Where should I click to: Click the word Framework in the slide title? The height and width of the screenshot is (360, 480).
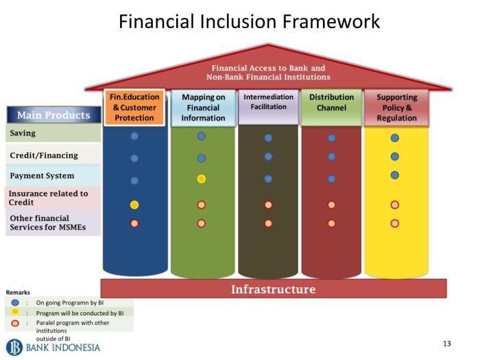pyautogui.click(x=331, y=21)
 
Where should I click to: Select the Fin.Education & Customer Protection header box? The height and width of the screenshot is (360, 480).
pyautogui.click(x=134, y=108)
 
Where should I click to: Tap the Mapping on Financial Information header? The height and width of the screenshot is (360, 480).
pyautogui.click(x=203, y=108)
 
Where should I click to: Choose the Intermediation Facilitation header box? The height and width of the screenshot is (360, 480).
pyautogui.click(x=269, y=107)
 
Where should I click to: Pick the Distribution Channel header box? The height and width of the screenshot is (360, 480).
pyautogui.click(x=331, y=107)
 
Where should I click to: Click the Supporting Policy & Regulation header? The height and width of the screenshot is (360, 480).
pyautogui.click(x=397, y=108)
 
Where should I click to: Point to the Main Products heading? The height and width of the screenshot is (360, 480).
pyautogui.click(x=54, y=115)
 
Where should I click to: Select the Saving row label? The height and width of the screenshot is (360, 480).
pyautogui.click(x=23, y=133)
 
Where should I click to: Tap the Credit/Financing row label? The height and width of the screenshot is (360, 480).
pyautogui.click(x=44, y=155)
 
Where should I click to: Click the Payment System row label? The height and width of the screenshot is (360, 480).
pyautogui.click(x=42, y=176)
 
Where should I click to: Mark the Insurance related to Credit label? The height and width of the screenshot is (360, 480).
pyautogui.click(x=49, y=197)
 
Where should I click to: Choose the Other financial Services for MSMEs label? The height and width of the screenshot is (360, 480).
pyautogui.click(x=48, y=223)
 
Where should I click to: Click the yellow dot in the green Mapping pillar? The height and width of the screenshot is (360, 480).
pyautogui.click(x=201, y=179)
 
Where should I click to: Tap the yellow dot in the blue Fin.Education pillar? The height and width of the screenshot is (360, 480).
pyautogui.click(x=134, y=204)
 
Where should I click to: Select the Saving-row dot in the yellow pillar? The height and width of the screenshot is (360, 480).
pyautogui.click(x=395, y=138)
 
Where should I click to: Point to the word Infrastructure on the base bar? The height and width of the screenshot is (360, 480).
pyautogui.click(x=274, y=289)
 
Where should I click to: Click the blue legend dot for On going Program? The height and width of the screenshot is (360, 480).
pyautogui.click(x=15, y=303)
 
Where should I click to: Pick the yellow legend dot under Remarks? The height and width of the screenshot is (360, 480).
pyautogui.click(x=15, y=312)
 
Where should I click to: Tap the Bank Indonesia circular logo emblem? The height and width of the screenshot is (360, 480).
pyautogui.click(x=14, y=348)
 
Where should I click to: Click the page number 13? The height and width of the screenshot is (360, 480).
pyautogui.click(x=447, y=344)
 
